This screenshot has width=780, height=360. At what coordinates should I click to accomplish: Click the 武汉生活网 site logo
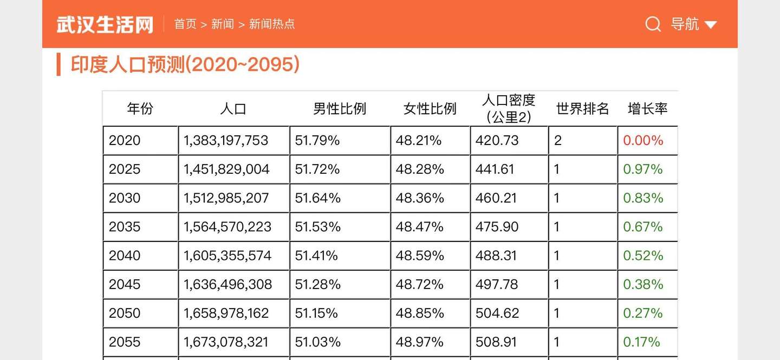pyautogui.click(x=105, y=24)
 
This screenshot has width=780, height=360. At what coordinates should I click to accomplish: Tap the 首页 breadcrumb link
pyautogui.click(x=185, y=24)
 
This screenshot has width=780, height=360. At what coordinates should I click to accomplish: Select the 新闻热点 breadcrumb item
pyautogui.click(x=272, y=24)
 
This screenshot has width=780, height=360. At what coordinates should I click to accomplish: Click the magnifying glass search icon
pyautogui.click(x=653, y=24)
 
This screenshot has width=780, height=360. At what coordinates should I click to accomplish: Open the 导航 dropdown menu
pyautogui.click(x=693, y=24)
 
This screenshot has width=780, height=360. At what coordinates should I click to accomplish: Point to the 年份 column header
pyautogui.click(x=140, y=109)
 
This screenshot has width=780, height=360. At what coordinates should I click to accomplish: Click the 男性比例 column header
pyautogui.click(x=340, y=109)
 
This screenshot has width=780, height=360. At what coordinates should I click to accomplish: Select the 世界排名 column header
pyautogui.click(x=582, y=109)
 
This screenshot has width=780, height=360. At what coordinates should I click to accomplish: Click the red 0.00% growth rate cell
pyautogui.click(x=643, y=141)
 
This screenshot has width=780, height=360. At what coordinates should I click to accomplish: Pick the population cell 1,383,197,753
pyautogui.click(x=226, y=141)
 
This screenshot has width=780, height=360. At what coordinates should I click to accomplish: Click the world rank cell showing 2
pyautogui.click(x=558, y=141)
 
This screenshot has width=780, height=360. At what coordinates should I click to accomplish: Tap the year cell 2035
pyautogui.click(x=125, y=227)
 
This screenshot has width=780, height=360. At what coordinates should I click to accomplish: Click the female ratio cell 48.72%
pyautogui.click(x=420, y=284)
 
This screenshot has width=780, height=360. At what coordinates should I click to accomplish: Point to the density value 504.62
pyautogui.click(x=497, y=313)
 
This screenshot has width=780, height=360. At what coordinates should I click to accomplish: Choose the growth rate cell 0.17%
pyautogui.click(x=642, y=342)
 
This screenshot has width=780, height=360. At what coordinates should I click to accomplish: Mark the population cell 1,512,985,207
pyautogui.click(x=226, y=198)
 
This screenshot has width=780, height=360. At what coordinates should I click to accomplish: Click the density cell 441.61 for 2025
pyautogui.click(x=495, y=169)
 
